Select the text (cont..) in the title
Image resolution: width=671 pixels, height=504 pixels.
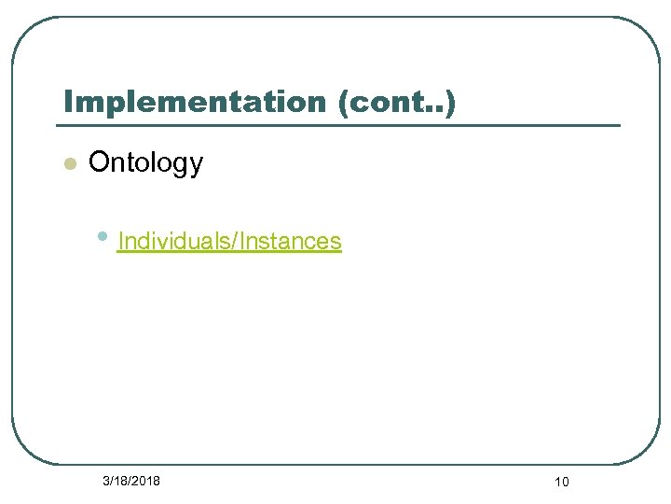tap(399, 102)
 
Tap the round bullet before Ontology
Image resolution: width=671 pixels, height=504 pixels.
tap(67, 164)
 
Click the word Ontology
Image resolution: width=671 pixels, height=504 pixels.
tap(145, 163)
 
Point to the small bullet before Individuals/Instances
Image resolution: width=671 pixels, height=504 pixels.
tap(103, 237)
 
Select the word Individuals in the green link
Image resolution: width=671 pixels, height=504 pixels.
tap(176, 241)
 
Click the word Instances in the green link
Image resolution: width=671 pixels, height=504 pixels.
tap(292, 241)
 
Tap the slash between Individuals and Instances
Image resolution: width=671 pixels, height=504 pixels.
tap(237, 241)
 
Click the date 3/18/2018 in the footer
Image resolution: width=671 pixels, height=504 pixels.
tap(130, 481)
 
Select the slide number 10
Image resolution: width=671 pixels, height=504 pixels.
tap(561, 482)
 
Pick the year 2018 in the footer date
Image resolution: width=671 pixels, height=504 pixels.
tap(145, 481)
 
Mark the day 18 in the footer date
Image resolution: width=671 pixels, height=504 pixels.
tap(120, 481)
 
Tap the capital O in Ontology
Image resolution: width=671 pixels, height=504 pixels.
tap(98, 163)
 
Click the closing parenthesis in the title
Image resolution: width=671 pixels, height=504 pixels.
tap(451, 103)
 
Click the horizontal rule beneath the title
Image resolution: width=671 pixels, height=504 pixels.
tap(337, 125)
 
